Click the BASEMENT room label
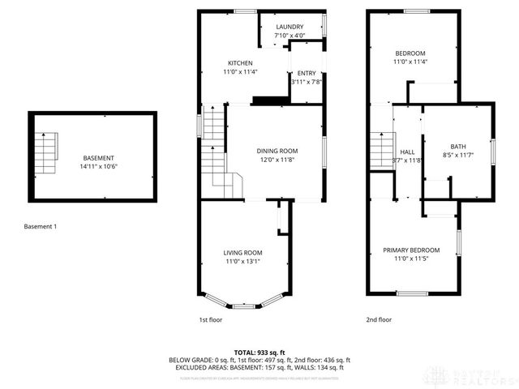pyautogui.click(x=99, y=158)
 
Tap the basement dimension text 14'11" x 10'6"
pyautogui.click(x=99, y=166)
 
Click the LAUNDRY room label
pyautogui.click(x=290, y=27)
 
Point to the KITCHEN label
pyautogui.click(x=239, y=63)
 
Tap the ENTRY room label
pyautogui.click(x=306, y=73)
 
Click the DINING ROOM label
pyautogui.click(x=277, y=151)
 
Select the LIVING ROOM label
pyautogui.click(x=244, y=253)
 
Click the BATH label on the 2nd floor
pyautogui.click(x=457, y=146)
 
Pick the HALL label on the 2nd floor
pyautogui.click(x=407, y=152)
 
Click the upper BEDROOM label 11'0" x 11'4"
pyautogui.click(x=410, y=53)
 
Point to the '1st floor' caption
pyautogui.click(x=210, y=320)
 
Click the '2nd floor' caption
pyautogui.click(x=378, y=320)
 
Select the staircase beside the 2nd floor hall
pyautogui.click(x=381, y=150)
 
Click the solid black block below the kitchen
pyautogui.click(x=270, y=100)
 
